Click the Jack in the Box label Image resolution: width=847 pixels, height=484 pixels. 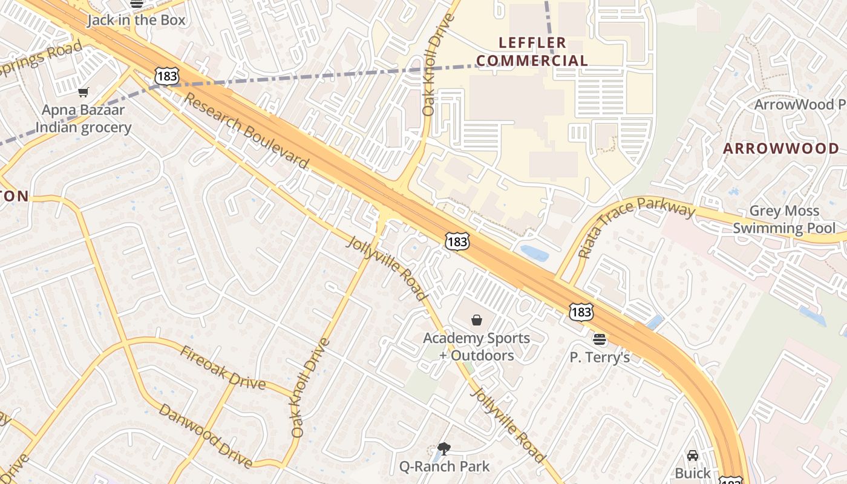[x=136, y=20]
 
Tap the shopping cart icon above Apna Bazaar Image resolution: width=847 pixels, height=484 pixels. [x=83, y=93]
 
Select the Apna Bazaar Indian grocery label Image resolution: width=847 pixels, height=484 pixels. [x=83, y=119]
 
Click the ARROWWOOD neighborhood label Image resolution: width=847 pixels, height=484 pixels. [x=781, y=149]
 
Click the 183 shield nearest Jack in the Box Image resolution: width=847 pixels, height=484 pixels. [x=166, y=76]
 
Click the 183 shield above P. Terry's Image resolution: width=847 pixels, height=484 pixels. [x=581, y=312]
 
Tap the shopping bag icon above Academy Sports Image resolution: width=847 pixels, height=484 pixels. [x=477, y=320]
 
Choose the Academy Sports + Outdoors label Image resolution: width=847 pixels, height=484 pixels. [x=477, y=347]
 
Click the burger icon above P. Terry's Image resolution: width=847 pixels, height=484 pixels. [x=600, y=339]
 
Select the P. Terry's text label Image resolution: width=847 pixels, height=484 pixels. [x=600, y=358]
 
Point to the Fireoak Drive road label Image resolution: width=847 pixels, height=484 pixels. [x=223, y=368]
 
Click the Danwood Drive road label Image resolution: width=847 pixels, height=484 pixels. [x=205, y=436]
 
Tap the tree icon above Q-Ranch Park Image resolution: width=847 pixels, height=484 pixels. [x=444, y=448]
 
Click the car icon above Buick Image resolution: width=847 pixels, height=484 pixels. [x=693, y=455]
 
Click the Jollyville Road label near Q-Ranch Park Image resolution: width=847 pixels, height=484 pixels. [x=507, y=425]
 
